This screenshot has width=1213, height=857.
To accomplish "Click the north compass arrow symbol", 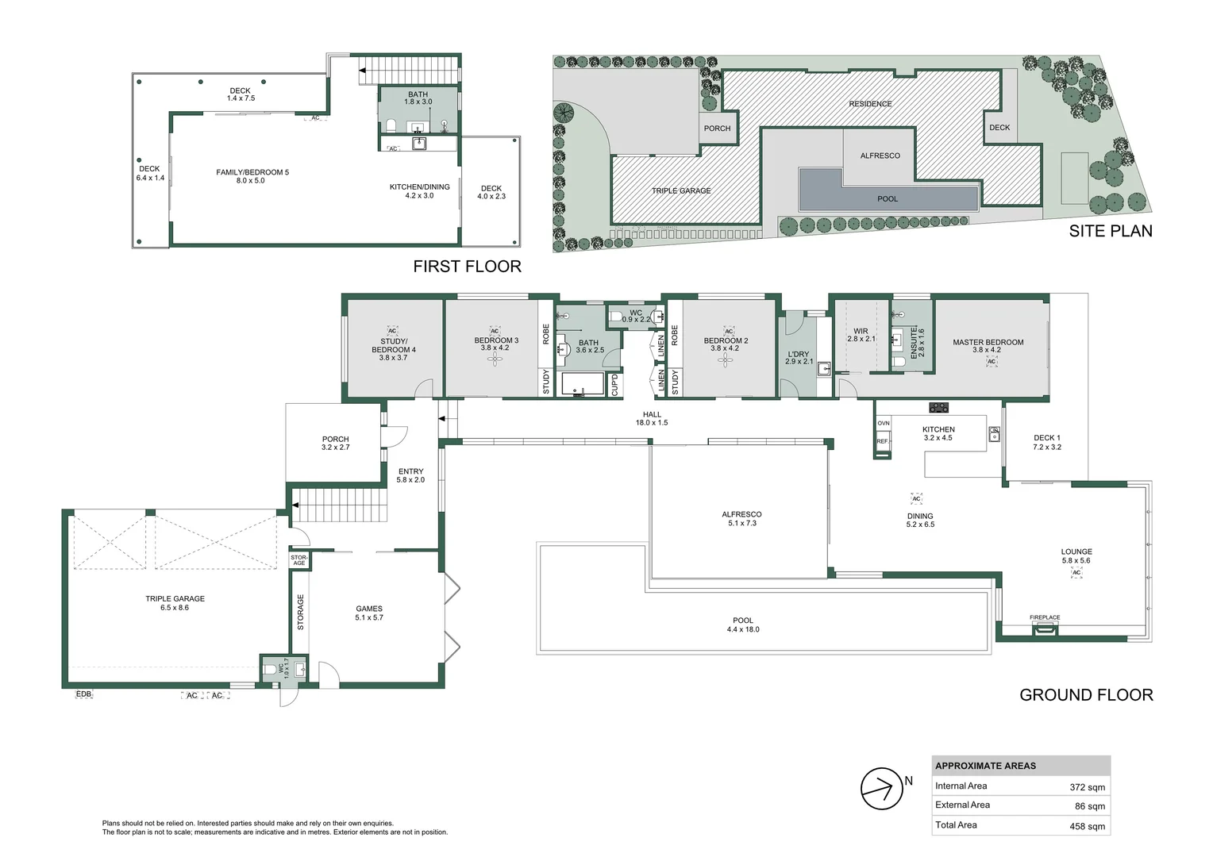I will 881,789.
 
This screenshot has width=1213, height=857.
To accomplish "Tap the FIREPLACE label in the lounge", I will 1045,617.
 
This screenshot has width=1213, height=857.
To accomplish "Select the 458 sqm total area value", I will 1087,826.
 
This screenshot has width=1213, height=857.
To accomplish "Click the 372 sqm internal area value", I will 1087,787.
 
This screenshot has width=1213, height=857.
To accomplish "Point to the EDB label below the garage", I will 83,694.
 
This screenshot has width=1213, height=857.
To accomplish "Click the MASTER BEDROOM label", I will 988,343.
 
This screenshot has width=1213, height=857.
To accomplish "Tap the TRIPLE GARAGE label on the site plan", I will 681,190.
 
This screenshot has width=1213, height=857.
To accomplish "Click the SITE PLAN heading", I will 1110,231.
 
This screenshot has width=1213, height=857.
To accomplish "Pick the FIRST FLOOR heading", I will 467,267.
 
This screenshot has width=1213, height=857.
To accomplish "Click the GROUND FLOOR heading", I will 1085,695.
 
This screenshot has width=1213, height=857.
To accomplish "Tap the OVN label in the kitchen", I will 884,424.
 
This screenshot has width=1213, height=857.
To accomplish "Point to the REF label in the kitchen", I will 883,441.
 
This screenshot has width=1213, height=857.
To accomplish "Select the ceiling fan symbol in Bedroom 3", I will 496,360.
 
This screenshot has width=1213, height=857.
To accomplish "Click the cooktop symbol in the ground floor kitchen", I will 939,408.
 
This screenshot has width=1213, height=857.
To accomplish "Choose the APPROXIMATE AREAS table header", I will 985,766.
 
